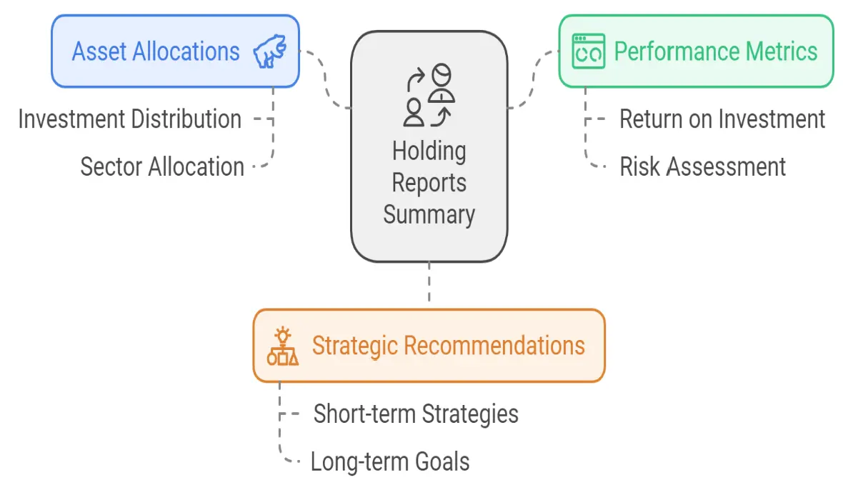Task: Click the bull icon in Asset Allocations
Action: [270, 51]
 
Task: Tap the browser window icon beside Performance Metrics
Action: [589, 51]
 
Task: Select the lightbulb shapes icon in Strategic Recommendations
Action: [282, 346]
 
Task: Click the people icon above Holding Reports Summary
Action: [429, 95]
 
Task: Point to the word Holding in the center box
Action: [429, 151]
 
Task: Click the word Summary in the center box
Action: [429, 215]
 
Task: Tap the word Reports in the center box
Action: [429, 183]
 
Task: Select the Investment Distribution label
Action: [130, 119]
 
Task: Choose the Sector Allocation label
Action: [162, 166]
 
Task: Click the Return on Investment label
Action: [722, 119]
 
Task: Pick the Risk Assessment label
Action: [702, 166]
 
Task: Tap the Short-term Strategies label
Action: [416, 414]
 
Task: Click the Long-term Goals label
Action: [390, 462]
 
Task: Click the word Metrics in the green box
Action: [782, 52]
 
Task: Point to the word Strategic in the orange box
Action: [355, 346]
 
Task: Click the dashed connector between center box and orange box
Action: [429, 282]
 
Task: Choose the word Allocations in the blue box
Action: [186, 52]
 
